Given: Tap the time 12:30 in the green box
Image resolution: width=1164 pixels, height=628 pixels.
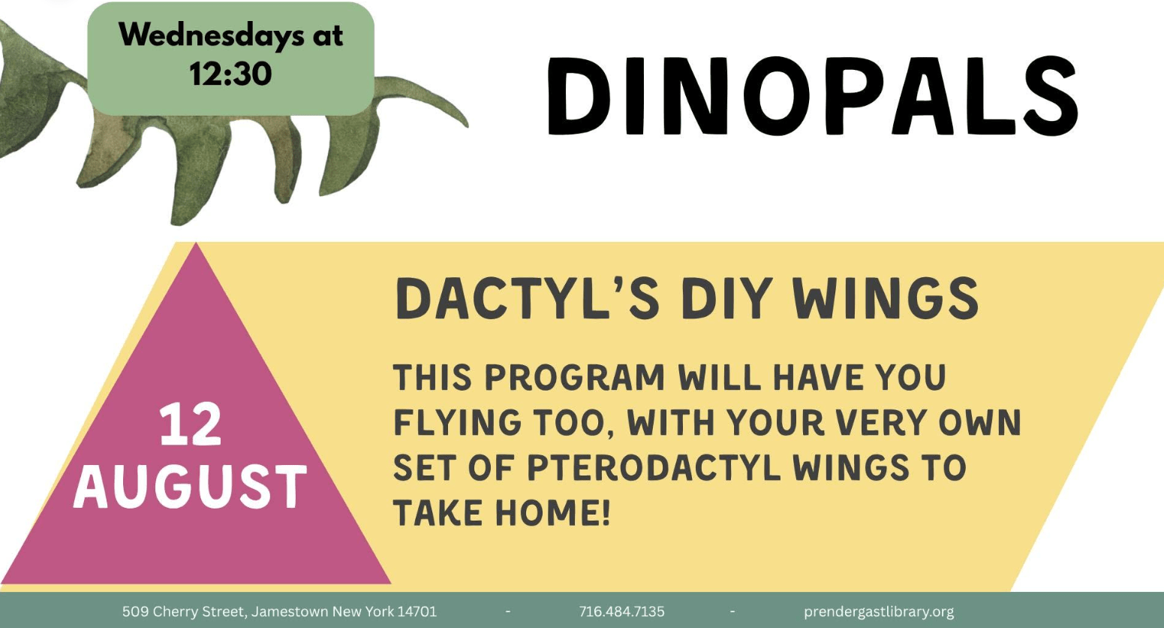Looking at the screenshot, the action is pos(230,74).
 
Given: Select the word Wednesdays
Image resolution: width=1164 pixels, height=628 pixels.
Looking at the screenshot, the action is pos(212,36).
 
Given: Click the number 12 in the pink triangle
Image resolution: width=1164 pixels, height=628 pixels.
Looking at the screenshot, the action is pos(191,425).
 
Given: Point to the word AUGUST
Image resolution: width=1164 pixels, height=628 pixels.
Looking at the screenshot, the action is pos(190,487).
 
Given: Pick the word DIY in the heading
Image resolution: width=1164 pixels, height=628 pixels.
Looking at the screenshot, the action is pos(727,299).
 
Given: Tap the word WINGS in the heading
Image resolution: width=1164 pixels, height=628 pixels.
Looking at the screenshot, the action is pos(886,299).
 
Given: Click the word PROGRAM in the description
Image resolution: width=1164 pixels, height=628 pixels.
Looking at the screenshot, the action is pos(575,376).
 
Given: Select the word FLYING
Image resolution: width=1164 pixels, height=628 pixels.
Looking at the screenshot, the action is pos(457,422).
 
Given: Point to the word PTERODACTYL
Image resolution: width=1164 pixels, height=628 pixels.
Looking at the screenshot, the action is pos(654,467).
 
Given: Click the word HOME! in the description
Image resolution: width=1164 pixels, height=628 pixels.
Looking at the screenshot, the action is pos(552,513).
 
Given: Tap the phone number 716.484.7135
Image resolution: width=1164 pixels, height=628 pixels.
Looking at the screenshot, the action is pos(621,611).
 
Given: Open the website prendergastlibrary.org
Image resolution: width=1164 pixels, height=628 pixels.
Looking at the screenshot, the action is pos(879,612).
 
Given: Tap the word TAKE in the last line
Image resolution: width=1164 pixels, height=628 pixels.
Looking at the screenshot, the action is pos(438,513).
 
